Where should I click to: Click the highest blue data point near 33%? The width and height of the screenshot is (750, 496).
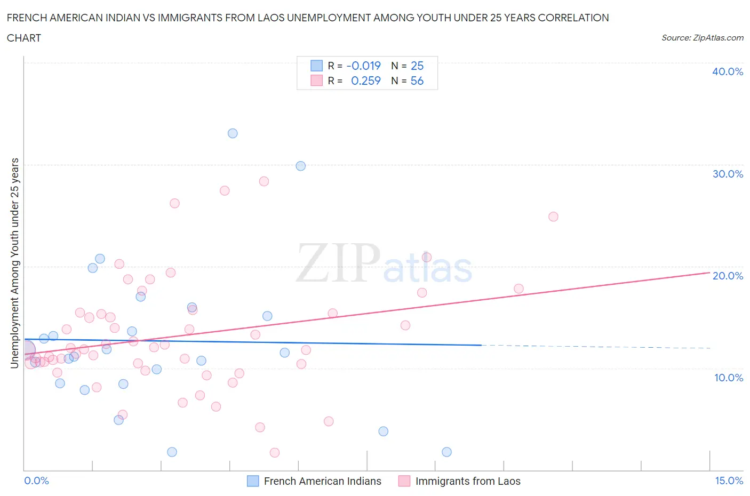pyautogui.click(x=233, y=133)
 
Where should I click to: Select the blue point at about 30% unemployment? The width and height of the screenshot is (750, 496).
pyautogui.click(x=301, y=166)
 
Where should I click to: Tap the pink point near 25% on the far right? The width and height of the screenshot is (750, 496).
pyautogui.click(x=553, y=217)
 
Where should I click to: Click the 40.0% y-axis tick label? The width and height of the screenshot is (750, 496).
pyautogui.click(x=727, y=71)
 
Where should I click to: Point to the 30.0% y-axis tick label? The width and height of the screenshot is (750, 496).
pyautogui.click(x=727, y=174)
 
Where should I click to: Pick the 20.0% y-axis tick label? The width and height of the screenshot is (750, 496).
pyautogui.click(x=727, y=276)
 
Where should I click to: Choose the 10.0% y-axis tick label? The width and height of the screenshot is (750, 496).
pyautogui.click(x=728, y=378)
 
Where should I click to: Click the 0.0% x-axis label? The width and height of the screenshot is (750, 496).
pyautogui.click(x=36, y=481)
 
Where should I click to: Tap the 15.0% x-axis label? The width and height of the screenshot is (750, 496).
pyautogui.click(x=729, y=481)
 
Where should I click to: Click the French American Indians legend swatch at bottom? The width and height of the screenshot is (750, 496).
pyautogui.click(x=253, y=481)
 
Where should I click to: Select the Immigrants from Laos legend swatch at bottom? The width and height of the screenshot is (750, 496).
pyautogui.click(x=404, y=481)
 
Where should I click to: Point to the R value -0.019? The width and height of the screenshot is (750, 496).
pyautogui.click(x=363, y=66)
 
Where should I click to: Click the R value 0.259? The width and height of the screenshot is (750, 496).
pyautogui.click(x=365, y=81)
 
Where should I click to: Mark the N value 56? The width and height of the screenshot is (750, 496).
pyautogui.click(x=417, y=81)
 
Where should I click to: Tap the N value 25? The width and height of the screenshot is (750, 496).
pyautogui.click(x=417, y=66)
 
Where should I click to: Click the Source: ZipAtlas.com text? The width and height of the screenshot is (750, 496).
pyautogui.click(x=702, y=37)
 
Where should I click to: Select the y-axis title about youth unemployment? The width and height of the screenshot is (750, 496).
pyautogui.click(x=14, y=263)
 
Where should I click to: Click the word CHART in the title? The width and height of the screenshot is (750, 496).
pyautogui.click(x=24, y=38)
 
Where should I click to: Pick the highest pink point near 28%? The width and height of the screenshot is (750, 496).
pyautogui.click(x=264, y=181)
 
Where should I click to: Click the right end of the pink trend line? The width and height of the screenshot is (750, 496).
pyautogui.click(x=709, y=272)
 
